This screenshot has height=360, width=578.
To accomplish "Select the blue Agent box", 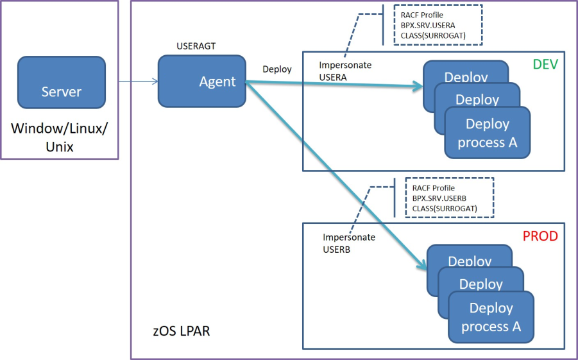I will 203,81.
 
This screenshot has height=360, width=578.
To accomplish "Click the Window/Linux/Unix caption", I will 60,137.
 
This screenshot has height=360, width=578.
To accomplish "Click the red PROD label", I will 540,236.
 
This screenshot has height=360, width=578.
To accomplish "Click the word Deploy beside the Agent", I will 277,69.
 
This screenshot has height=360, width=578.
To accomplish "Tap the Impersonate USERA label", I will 345,71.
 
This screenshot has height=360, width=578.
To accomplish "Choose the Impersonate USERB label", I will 348,243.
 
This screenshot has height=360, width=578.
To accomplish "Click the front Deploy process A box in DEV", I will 487,133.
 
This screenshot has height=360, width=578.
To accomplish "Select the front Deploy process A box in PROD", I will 491,317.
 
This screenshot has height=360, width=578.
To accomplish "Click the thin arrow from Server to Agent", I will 138,81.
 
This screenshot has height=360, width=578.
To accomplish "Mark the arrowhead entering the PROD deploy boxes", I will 421,264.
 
